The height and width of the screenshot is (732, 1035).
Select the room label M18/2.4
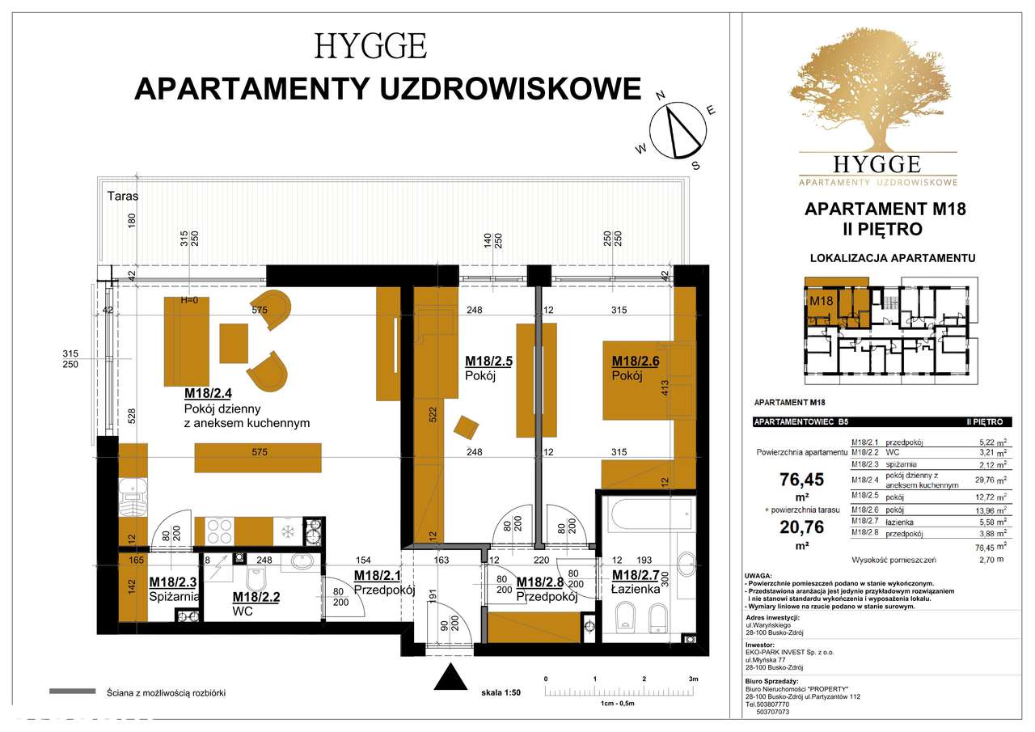coord(209,394)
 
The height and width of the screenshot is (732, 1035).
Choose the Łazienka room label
coord(636,582)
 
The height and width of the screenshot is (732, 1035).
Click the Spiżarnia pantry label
coord(175,589)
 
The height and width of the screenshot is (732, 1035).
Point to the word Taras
coord(123,196)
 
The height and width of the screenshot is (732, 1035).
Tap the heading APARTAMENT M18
coord(885,209)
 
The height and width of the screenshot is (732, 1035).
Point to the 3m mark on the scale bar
coord(692,679)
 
